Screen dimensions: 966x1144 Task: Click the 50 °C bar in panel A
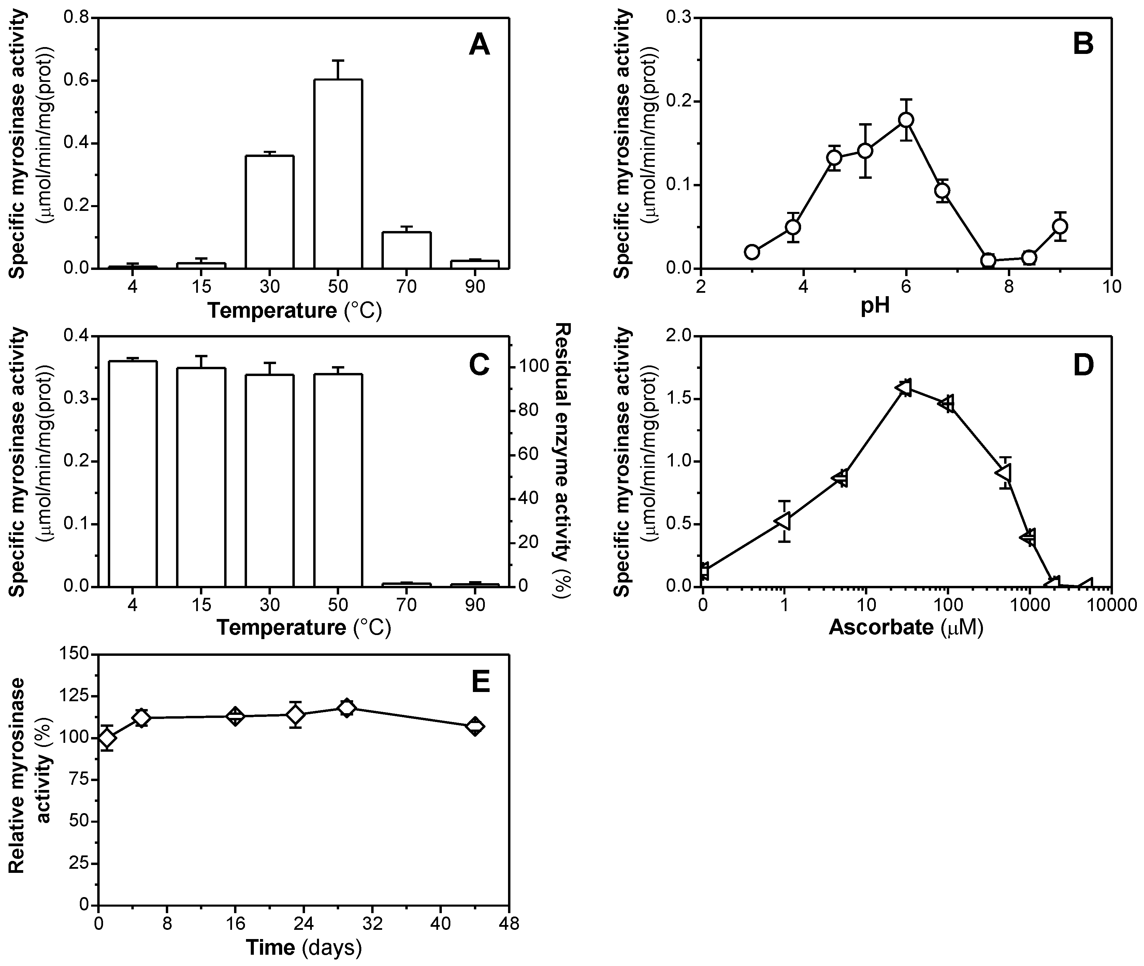[338, 174]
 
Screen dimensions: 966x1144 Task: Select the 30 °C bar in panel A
[270, 213]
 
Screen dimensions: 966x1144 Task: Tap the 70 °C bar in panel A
[407, 250]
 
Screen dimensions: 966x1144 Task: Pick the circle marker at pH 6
[906, 120]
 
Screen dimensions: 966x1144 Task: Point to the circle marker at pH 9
[1060, 226]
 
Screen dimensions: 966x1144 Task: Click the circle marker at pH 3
[752, 252]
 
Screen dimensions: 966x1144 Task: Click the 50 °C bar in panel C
[338, 480]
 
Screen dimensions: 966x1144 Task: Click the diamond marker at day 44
[475, 727]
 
